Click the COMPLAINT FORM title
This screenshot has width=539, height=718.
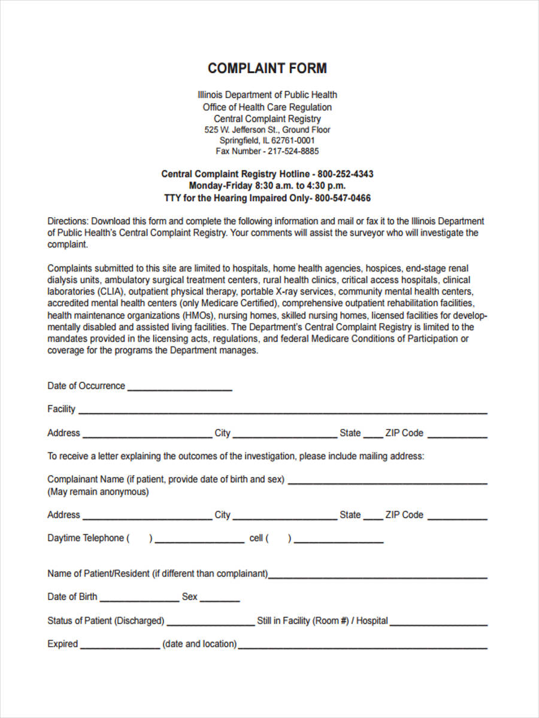coord(267,68)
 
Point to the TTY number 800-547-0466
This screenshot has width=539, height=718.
coord(343,198)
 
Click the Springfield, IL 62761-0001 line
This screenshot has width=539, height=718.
coord(267,141)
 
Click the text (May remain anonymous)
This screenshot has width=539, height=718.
coord(98,492)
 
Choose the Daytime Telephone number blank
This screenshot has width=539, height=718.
coord(199,540)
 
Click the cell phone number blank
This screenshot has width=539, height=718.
coord(339,540)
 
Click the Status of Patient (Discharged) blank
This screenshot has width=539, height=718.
coord(211,622)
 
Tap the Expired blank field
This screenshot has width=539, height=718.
coord(120,646)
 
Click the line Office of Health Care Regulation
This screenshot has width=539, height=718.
coord(267,107)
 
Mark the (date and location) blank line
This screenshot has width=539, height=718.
coord(362,646)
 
